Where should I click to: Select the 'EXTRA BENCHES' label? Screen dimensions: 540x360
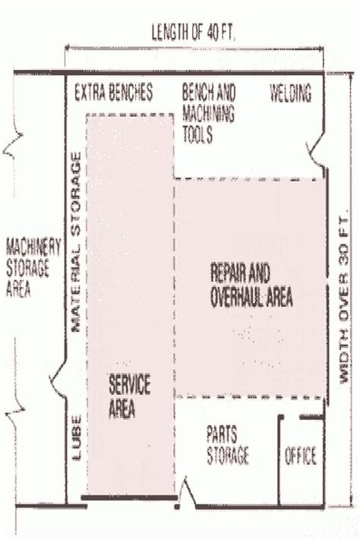(113, 93)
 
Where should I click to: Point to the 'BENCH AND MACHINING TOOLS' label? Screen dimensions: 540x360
(208, 114)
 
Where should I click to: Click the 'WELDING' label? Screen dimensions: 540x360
(291, 93)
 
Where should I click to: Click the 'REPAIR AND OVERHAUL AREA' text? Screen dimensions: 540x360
(250, 286)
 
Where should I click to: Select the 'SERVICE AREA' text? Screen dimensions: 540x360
(129, 396)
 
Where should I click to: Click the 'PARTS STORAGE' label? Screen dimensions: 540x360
(227, 444)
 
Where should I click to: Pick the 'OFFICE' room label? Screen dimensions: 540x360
(300, 456)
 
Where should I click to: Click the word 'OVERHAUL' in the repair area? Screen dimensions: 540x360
(233, 296)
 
